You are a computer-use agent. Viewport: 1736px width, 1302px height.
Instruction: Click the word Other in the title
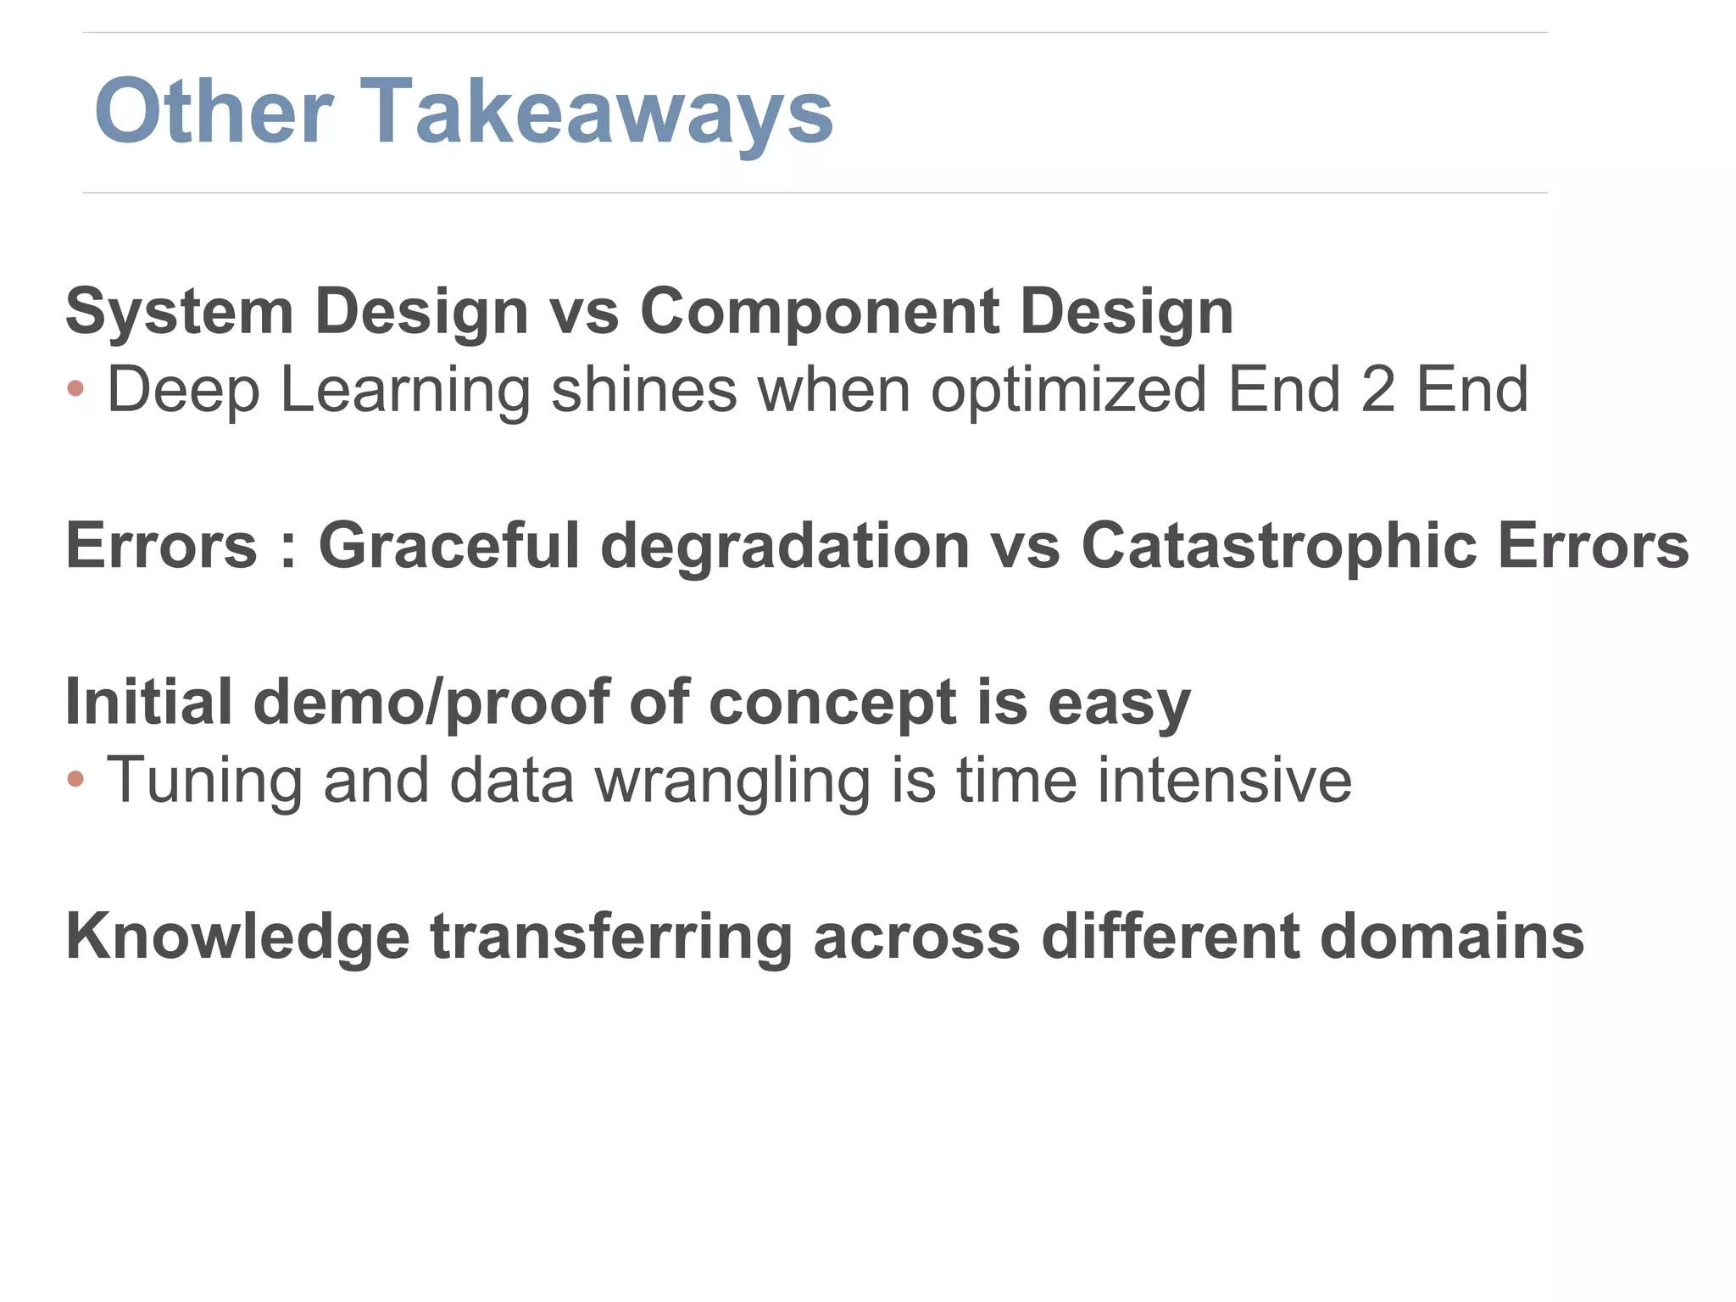214,113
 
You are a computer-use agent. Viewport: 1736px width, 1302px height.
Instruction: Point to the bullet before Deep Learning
75,389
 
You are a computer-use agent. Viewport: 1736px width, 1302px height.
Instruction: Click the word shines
643,390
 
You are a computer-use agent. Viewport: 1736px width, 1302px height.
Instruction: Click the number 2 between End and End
1377,390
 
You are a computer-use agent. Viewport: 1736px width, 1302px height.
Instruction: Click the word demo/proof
431,704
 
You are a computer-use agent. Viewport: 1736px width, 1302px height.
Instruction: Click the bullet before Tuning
75,779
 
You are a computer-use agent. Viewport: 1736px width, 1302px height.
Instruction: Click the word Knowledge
237,938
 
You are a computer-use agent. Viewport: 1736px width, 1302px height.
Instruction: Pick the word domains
1451,937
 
